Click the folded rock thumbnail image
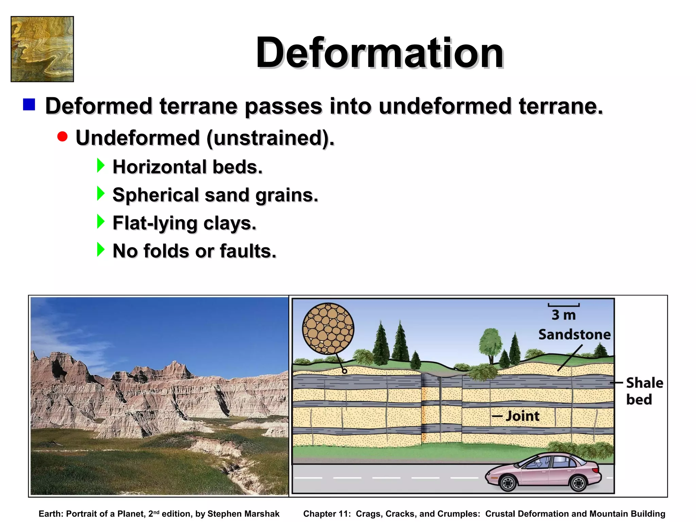click(42, 49)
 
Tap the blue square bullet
click(29, 104)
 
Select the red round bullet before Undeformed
click(63, 137)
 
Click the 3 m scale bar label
click(563, 315)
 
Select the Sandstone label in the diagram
click(574, 334)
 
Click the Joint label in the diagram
click(522, 416)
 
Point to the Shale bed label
click(644, 391)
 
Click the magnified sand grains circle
click(328, 329)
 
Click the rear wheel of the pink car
click(508, 483)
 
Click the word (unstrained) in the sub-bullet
click(270, 138)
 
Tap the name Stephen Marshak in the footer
click(243, 514)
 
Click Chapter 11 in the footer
click(327, 514)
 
